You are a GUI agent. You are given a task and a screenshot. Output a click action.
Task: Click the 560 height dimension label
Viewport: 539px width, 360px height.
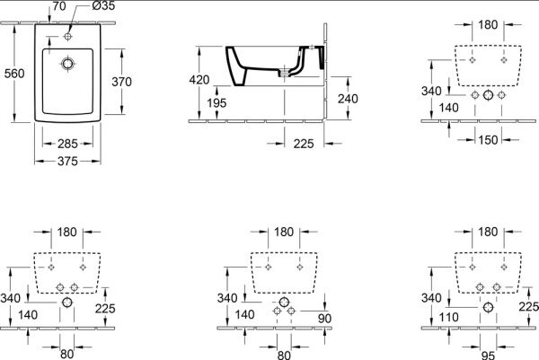14,74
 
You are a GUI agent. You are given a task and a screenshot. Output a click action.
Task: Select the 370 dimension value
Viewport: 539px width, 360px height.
121,82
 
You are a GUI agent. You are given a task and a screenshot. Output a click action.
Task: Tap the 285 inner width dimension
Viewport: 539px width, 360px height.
67,144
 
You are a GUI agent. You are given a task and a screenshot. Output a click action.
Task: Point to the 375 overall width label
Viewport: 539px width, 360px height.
67,161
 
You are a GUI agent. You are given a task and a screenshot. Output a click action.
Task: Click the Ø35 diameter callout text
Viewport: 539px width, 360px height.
103,6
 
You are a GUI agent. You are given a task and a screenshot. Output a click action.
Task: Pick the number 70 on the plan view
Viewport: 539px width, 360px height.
59,6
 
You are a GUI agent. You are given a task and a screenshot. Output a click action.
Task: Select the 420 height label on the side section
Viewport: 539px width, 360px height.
199,80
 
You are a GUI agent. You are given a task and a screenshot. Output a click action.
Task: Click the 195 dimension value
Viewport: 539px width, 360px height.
216,102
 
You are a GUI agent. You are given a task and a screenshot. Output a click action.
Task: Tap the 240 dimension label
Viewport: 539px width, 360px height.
348,99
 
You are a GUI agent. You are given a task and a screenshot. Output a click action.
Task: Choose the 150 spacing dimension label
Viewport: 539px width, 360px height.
488,140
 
